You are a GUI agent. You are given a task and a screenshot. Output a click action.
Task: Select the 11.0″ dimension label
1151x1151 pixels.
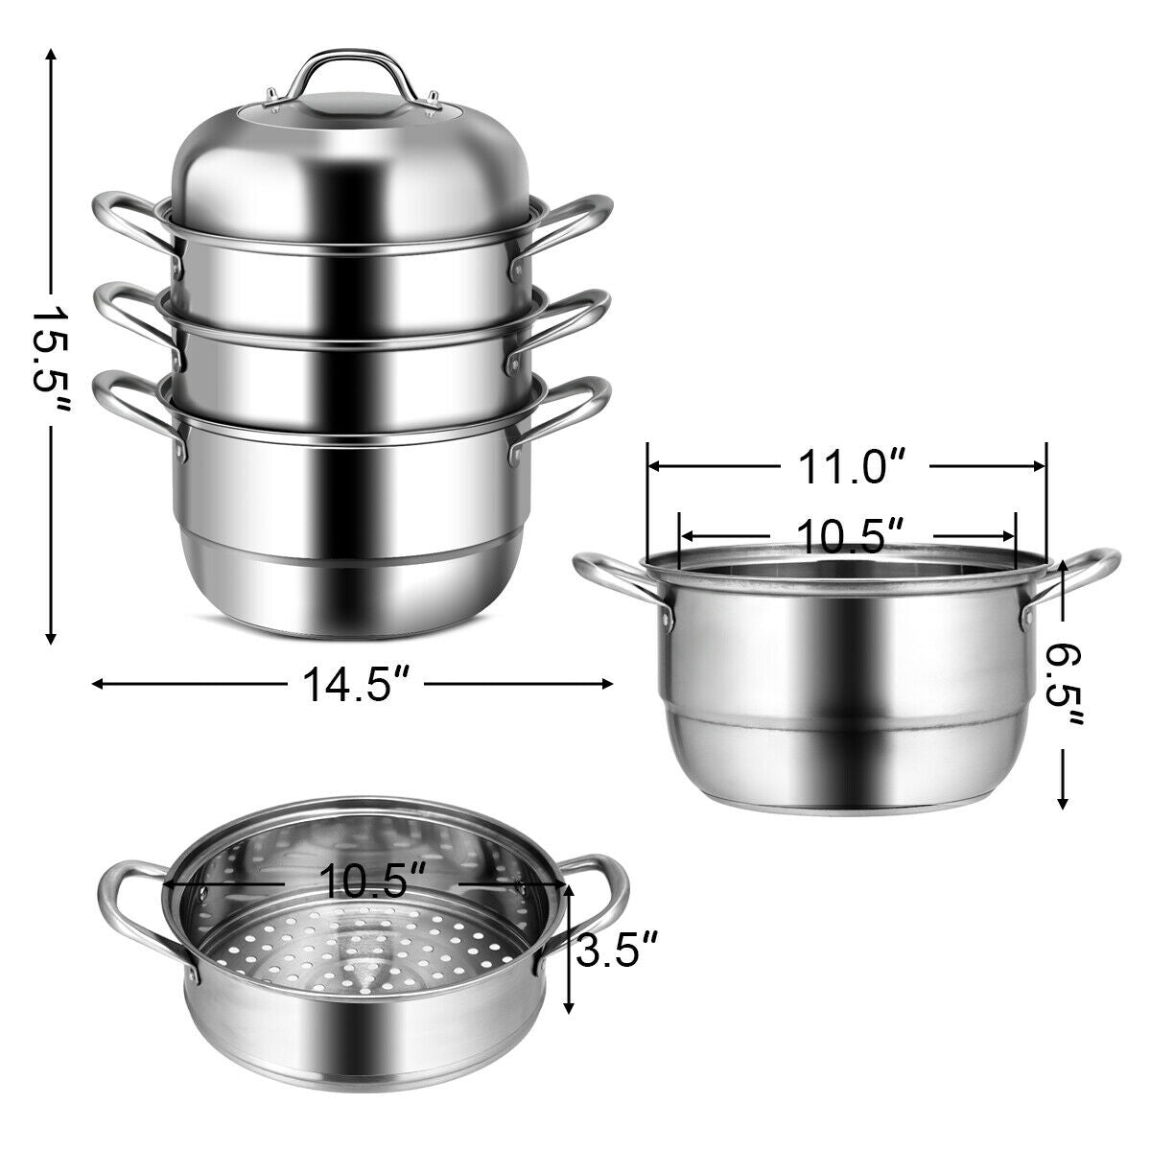(846, 467)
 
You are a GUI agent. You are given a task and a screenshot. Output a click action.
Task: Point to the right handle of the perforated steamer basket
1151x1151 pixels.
(595, 902)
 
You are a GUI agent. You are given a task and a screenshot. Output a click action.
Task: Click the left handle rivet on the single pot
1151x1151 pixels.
(666, 623)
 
